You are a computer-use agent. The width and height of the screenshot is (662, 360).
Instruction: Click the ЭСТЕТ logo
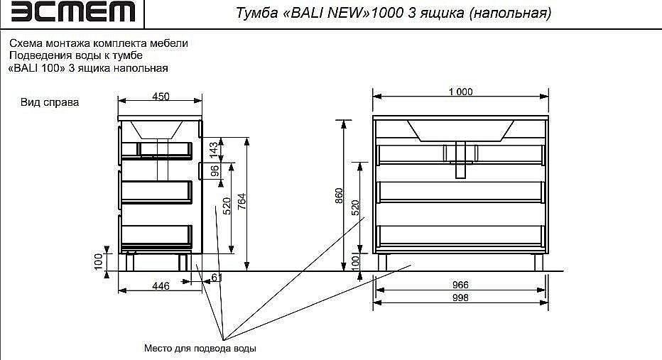pyautogui.click(x=74, y=12)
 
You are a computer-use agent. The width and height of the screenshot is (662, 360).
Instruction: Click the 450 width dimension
pyautogui.click(x=161, y=97)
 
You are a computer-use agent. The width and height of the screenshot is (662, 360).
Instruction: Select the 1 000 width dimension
pyautogui.click(x=460, y=91)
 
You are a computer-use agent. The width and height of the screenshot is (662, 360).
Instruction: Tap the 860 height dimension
pyautogui.click(x=339, y=195)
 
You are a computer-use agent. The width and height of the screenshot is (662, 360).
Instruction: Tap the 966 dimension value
pyautogui.click(x=460, y=285)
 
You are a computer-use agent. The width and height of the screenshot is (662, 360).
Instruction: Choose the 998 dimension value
pyautogui.click(x=460, y=298)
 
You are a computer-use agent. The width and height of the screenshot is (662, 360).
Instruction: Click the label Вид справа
pyautogui.click(x=50, y=102)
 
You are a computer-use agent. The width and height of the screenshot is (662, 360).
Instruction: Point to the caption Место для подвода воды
pyautogui.click(x=200, y=349)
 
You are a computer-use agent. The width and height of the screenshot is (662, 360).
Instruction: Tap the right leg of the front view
pyautogui.click(x=538, y=262)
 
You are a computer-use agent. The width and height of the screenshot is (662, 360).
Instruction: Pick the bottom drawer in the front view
pyautogui.click(x=460, y=235)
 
